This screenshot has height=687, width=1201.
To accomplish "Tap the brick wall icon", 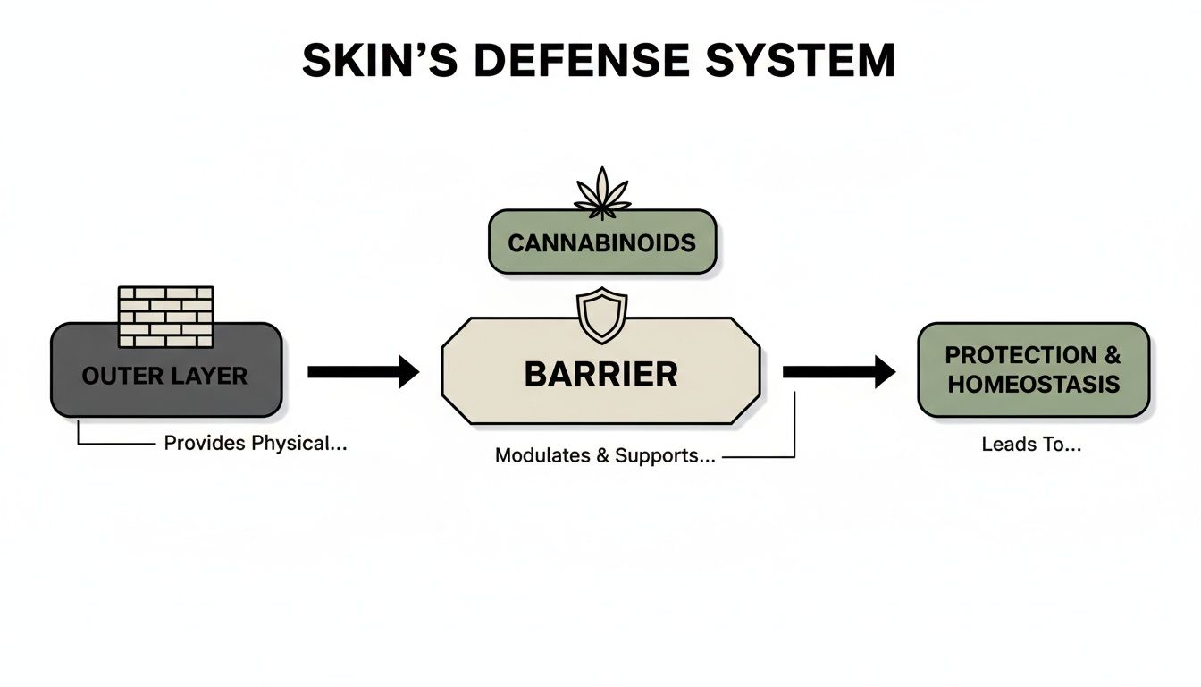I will click(166, 317).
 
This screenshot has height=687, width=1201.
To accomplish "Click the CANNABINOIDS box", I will click(601, 242).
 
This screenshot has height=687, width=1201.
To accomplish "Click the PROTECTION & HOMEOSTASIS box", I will click(1033, 369).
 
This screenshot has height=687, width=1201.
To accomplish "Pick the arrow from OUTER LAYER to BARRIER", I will click(363, 371).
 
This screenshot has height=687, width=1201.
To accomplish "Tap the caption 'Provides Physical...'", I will click(255, 444).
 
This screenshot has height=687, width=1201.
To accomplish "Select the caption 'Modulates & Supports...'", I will click(605, 455).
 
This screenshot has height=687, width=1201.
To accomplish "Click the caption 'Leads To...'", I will click(1031, 444).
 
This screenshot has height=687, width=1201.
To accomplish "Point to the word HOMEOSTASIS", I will click(1033, 385).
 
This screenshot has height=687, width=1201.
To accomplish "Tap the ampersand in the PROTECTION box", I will click(1111, 355).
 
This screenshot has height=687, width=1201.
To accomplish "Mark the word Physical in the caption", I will click(298, 444).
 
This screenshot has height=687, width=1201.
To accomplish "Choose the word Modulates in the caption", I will click(536, 455).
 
